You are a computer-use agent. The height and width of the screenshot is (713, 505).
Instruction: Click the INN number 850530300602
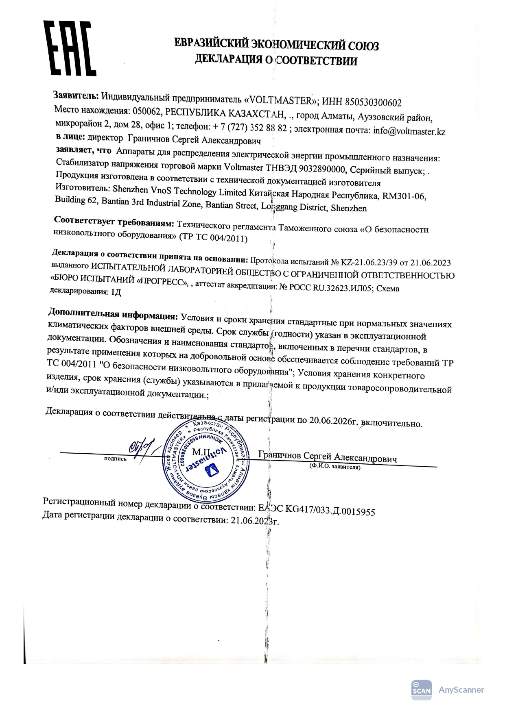tap(373, 102)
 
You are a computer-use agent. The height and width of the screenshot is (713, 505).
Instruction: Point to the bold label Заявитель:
tap(76, 96)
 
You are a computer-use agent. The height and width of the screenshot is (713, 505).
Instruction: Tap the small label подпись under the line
tap(115, 459)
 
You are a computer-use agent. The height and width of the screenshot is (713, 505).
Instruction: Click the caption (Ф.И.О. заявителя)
tap(334, 467)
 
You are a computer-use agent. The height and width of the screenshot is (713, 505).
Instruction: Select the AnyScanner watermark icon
tap(421, 690)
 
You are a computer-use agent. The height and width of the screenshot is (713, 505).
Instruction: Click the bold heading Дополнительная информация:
tap(113, 314)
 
